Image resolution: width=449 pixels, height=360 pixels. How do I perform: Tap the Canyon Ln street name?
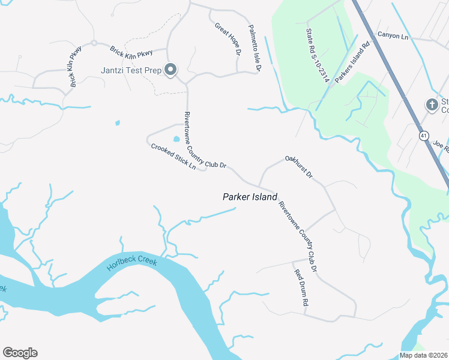pyautogui.click(x=393, y=36)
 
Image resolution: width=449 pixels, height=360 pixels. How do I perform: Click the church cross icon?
pyautogui.click(x=431, y=105)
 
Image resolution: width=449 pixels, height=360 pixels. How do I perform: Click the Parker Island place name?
pyautogui.click(x=250, y=197)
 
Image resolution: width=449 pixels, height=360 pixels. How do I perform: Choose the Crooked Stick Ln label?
pyautogui.click(x=173, y=155)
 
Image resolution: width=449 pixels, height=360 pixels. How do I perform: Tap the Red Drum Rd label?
pyautogui.click(x=300, y=288)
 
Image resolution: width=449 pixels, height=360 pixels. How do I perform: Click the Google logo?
pyautogui.click(x=20, y=353)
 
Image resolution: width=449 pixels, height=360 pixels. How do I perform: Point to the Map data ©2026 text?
pyautogui.click(x=424, y=355)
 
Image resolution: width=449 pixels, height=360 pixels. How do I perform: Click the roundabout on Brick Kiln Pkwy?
pyautogui.click(x=94, y=43)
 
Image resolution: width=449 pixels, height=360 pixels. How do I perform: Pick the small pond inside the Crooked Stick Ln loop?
pyautogui.click(x=176, y=139)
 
